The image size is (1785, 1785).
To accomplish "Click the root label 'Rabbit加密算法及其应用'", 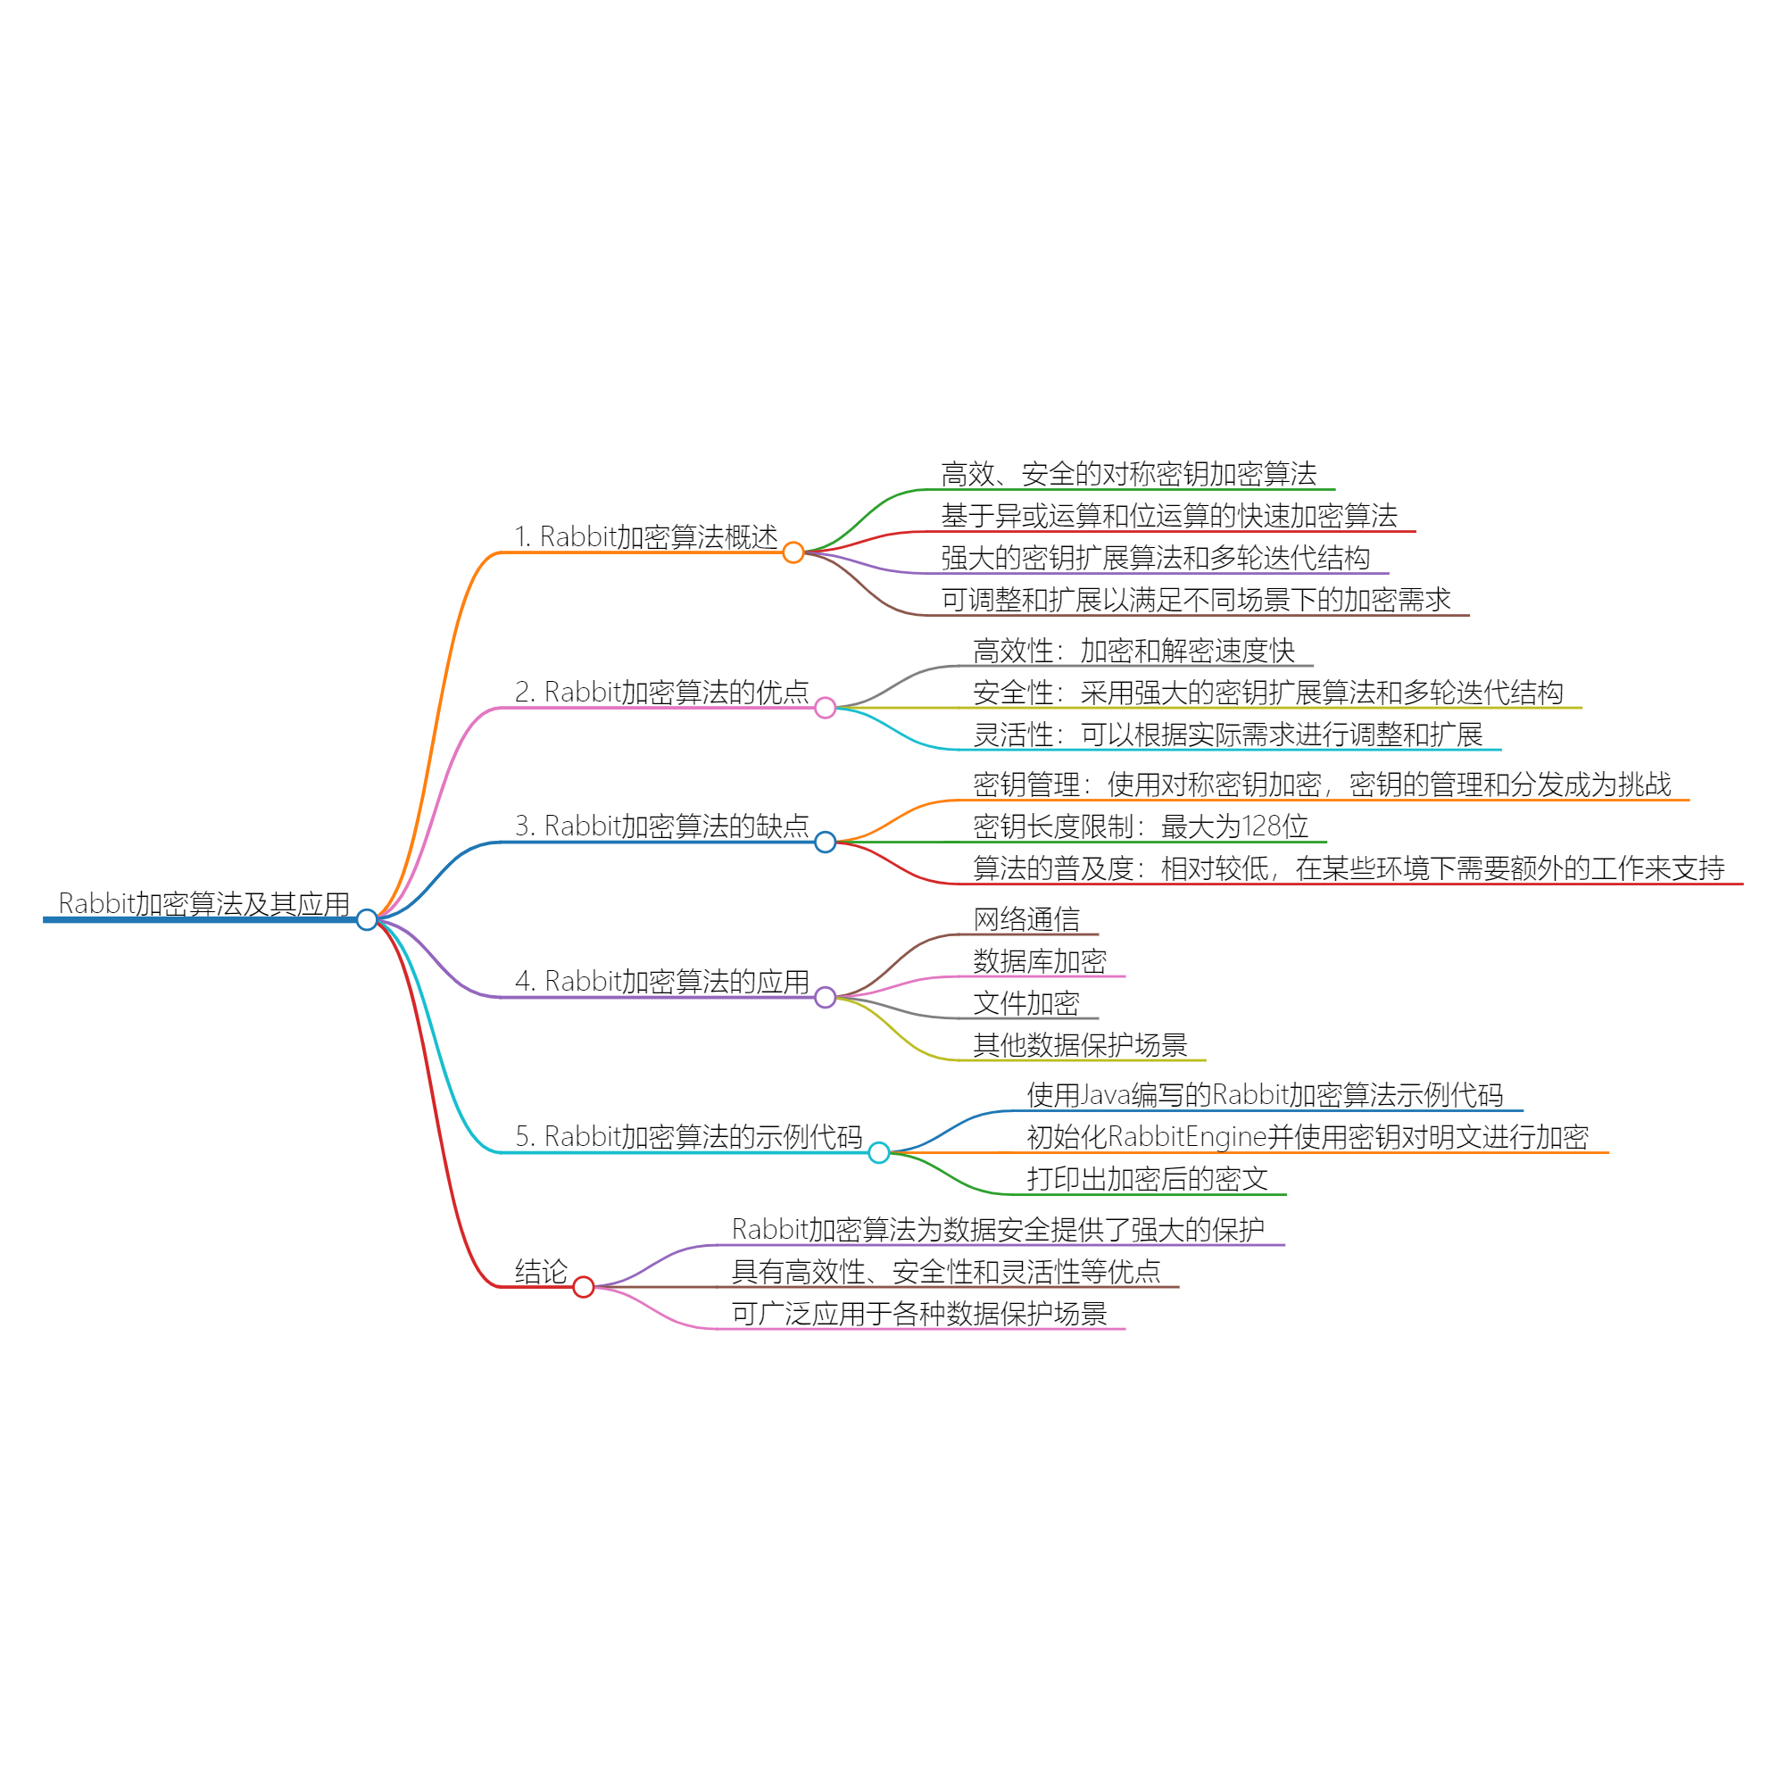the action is coord(204,903).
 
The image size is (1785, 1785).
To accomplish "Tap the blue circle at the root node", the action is coord(367,919).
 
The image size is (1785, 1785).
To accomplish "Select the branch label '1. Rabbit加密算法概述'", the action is coord(647,536).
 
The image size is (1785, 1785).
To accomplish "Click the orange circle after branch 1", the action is coord(793,552).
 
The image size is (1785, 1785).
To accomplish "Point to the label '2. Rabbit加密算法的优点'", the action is coord(661,692).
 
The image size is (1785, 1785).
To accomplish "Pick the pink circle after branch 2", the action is coord(825,708).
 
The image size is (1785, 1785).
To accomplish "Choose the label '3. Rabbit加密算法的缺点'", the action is coord(661,826).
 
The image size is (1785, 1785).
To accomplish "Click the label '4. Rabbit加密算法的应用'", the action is coord(661,981).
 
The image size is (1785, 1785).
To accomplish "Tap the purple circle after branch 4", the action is coord(825,997).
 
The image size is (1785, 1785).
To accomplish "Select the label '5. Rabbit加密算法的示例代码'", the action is coord(688,1136).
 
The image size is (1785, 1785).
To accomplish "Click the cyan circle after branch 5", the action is coord(878,1152).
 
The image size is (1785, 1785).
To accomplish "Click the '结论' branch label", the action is coord(541,1271).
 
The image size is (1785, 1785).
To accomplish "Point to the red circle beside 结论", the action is coord(583,1286).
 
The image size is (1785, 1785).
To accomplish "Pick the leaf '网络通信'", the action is coord(1026,919).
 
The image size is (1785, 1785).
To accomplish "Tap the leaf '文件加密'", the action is coord(1026,1003).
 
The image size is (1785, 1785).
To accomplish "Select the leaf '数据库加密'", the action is coord(1041,961).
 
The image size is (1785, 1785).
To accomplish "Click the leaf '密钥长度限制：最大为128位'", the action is coord(1141,826).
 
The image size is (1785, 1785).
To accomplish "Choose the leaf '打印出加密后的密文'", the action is coord(1148,1179).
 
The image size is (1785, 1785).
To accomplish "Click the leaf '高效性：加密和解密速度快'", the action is coord(1133,651).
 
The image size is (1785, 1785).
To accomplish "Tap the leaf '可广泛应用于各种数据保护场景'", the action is coord(919,1314).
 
